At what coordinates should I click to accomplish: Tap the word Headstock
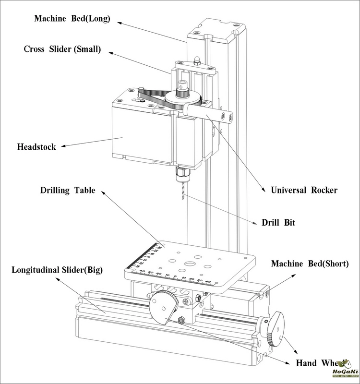point(36,146)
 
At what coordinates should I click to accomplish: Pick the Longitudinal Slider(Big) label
point(57,269)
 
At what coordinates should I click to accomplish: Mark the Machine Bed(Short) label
point(310,264)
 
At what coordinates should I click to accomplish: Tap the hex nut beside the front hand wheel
point(182,321)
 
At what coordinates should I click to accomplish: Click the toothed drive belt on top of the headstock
point(149,94)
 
